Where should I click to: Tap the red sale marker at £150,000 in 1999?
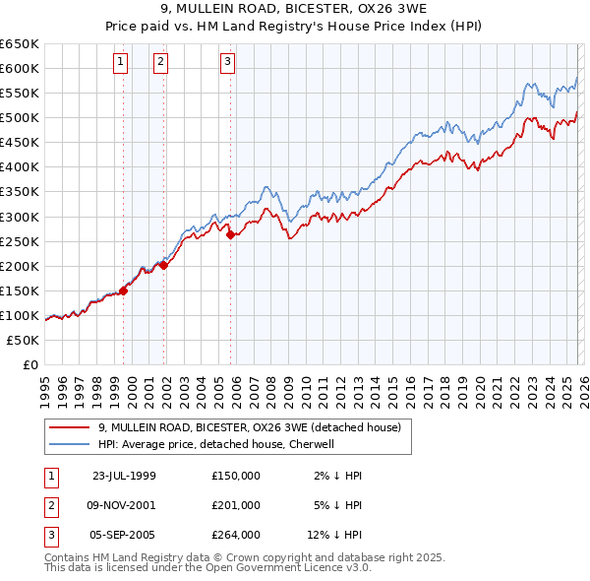pos(124,290)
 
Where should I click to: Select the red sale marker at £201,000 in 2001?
pos(164,265)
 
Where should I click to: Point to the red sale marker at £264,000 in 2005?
pos(230,234)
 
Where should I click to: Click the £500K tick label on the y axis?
pos(20,118)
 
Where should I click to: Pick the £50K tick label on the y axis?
pos(24,341)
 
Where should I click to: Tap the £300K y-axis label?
pos(20,217)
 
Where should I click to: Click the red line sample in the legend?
pos(70,428)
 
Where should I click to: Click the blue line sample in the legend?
pos(70,444)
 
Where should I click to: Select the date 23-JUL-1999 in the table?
pos(124,476)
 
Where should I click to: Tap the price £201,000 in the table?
pos(236,505)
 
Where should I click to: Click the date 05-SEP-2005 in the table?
pos(124,535)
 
